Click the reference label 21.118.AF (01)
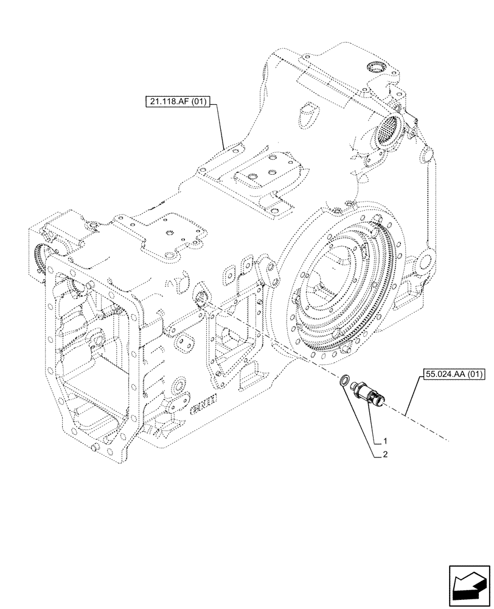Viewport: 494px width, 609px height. click(x=177, y=102)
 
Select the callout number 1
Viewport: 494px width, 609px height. click(x=384, y=440)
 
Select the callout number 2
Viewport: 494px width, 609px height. click(x=384, y=454)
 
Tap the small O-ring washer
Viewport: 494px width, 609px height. click(x=345, y=381)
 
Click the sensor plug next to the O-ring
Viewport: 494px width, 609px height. click(x=368, y=391)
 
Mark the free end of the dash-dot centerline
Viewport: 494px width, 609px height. click(x=450, y=439)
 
